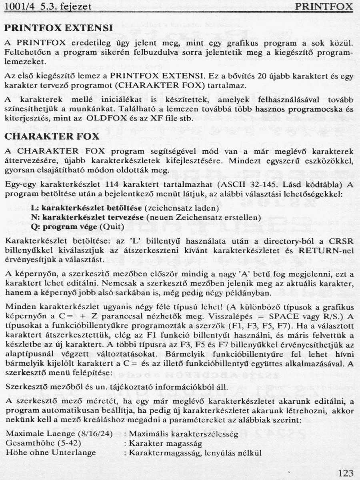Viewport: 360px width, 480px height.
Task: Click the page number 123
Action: (346, 473)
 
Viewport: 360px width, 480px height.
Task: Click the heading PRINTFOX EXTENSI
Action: (58, 28)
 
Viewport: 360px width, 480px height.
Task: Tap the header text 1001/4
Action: (16, 7)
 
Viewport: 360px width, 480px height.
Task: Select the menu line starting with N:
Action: (146, 218)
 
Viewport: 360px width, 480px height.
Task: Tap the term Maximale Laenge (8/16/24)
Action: (60, 434)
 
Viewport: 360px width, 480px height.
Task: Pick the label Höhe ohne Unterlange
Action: (51, 452)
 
